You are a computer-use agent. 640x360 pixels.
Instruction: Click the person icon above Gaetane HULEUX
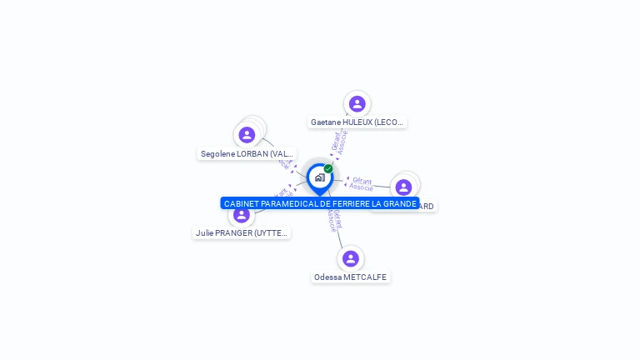pos(357,104)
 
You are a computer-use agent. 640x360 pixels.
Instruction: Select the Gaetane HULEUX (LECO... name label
pos(357,122)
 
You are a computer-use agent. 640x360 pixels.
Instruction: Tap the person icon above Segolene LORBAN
pos(247,135)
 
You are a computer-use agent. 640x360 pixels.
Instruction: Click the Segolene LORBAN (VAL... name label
pos(247,154)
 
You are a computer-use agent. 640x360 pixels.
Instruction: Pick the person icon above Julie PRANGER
pos(242,215)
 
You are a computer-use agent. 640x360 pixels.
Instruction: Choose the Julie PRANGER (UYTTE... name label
pos(241,233)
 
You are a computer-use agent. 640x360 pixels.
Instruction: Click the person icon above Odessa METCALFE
pos(351,258)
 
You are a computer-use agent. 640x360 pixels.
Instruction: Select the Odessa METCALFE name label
pos(350,277)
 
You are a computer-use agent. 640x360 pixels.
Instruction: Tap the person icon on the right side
pos(404,187)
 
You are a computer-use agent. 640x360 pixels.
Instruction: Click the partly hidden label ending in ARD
pos(426,207)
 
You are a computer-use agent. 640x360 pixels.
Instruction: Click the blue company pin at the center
pos(319,177)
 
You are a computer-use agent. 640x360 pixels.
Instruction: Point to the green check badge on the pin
pos(328,168)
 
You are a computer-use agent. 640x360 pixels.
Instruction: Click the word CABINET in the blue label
pos(241,203)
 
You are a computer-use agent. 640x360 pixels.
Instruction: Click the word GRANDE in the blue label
pos(400,203)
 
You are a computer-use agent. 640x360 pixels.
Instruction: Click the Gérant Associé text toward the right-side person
pos(362,183)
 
